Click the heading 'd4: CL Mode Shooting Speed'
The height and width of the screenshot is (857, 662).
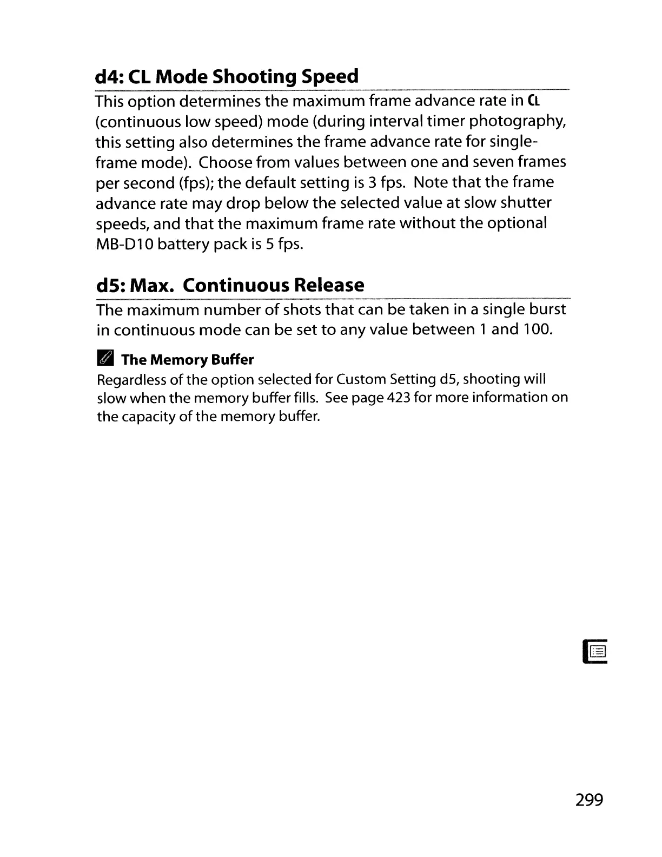[227, 77]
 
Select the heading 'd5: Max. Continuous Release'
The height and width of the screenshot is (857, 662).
[230, 285]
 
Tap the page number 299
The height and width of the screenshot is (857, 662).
[589, 799]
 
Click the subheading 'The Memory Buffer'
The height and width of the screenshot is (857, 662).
[187, 360]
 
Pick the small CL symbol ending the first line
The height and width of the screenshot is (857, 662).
[533, 101]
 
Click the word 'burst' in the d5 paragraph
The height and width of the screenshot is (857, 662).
[546, 309]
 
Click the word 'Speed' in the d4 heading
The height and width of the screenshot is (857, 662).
[330, 77]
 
